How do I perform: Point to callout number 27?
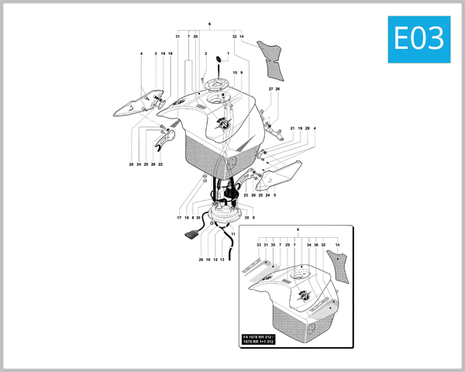click(270, 89)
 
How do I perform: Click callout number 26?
click(277, 89)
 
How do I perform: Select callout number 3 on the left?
click(155, 53)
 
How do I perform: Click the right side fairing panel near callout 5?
click(279, 176)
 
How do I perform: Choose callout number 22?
click(160, 164)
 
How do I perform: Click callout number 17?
click(179, 218)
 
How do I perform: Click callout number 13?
click(222, 260)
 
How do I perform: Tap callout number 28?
click(200, 260)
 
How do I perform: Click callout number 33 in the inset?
click(258, 244)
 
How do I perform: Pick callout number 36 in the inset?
click(316, 244)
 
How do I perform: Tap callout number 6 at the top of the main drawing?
click(209, 25)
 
